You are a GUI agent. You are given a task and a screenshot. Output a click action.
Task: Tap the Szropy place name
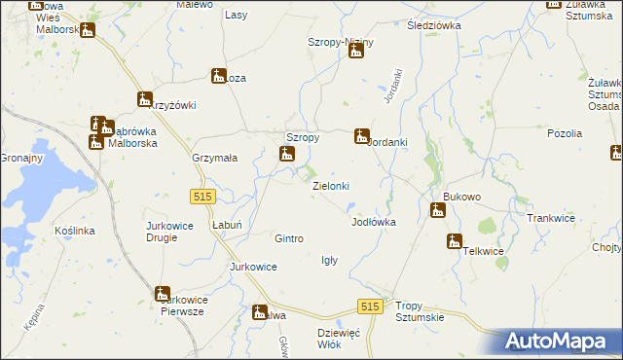[302, 138]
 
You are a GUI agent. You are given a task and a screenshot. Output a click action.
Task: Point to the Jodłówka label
[373, 222]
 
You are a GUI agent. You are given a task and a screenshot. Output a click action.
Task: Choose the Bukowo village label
[461, 197]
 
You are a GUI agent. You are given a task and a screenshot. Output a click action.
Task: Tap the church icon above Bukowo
[437, 209]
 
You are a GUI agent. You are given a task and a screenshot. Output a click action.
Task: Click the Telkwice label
[484, 251]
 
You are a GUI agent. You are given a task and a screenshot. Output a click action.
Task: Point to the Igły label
[329, 260]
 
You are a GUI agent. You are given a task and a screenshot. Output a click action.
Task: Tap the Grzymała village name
[215, 158]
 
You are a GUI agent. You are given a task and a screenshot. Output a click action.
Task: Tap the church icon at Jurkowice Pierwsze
[162, 294]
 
